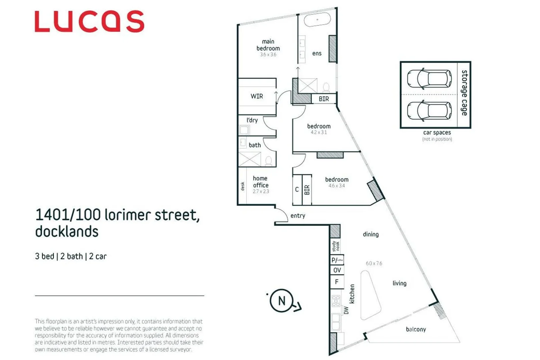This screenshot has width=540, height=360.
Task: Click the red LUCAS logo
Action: click(x=89, y=21)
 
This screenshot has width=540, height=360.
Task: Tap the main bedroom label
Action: click(x=268, y=45)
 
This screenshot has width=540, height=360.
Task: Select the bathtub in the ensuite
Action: click(x=317, y=20)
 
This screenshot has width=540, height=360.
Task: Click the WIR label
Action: click(x=257, y=96)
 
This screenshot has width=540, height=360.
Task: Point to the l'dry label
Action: click(x=252, y=120)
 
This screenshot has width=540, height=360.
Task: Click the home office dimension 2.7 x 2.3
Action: click(x=260, y=191)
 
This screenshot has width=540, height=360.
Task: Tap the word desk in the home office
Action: click(x=242, y=186)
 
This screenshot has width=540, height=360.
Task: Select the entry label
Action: click(x=298, y=216)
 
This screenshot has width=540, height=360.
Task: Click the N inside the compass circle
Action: click(x=282, y=301)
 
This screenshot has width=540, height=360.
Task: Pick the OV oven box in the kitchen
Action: click(x=337, y=270)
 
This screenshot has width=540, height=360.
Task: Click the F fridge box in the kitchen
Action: click(x=337, y=282)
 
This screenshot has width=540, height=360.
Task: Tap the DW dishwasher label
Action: click(x=346, y=310)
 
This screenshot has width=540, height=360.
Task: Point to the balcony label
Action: click(x=416, y=329)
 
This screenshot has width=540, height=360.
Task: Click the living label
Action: click(x=399, y=283)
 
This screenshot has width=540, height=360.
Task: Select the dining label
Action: click(x=371, y=234)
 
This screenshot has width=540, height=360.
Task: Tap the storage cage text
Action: click(x=464, y=93)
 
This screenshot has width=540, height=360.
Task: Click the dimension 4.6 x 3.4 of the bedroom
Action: click(x=337, y=186)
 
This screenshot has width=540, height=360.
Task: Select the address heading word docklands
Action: click(x=67, y=232)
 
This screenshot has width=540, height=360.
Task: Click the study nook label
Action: click(x=336, y=246)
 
